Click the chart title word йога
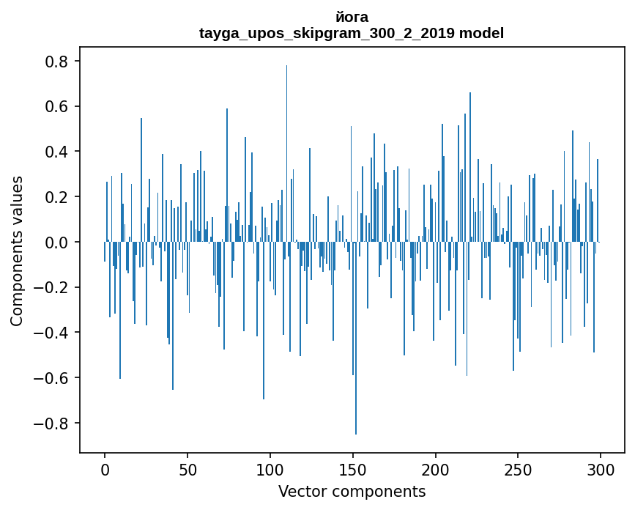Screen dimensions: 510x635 click(352, 17)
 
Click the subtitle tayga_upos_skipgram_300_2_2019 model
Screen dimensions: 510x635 click(352, 33)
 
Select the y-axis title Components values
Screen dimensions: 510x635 click(17, 251)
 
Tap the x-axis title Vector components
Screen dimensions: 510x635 click(352, 491)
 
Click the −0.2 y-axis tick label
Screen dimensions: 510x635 click(52, 287)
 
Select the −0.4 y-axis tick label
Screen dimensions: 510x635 click(52, 333)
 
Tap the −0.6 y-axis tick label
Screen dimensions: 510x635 click(52, 378)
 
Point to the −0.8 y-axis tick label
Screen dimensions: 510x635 click(52, 424)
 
